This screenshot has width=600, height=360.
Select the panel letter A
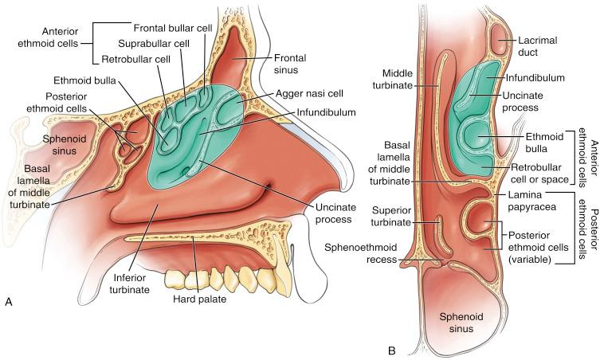[x=9, y=345]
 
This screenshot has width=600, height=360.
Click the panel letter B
[x=392, y=349]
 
